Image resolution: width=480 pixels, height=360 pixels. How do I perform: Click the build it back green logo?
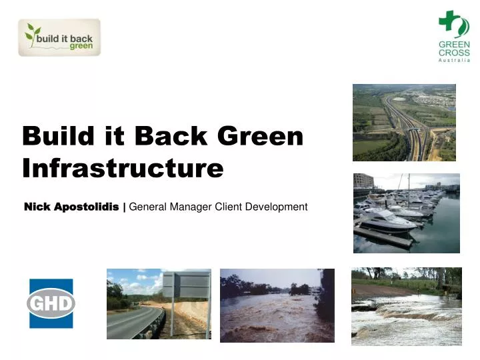point(59,37)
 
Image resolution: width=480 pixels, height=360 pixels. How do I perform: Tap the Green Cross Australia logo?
point(453,37)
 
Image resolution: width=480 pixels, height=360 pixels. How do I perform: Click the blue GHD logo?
point(51,303)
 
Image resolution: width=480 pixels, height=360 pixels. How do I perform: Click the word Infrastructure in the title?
point(123,168)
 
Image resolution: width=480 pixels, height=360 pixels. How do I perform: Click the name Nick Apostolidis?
point(71,207)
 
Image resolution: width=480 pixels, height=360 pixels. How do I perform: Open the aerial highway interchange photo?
point(404,123)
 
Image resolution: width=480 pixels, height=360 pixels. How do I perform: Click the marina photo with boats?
point(406,213)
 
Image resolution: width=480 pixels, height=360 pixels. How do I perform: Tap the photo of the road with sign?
point(159,304)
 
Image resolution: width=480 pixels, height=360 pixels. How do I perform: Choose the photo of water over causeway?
point(406,307)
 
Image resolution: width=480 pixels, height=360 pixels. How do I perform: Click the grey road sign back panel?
point(186,285)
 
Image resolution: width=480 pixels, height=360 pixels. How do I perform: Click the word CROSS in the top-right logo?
point(453,53)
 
